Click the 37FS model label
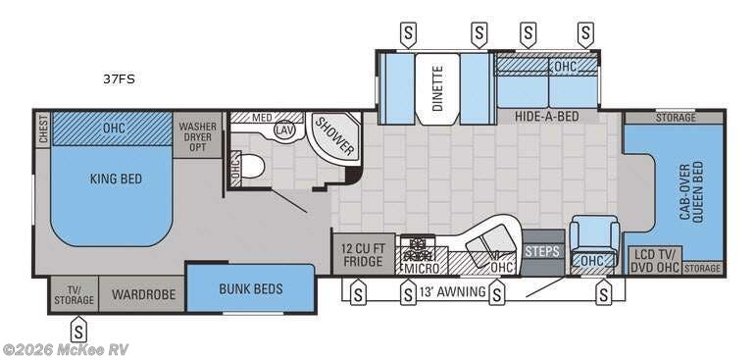(x=119, y=79)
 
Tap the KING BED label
(x=116, y=180)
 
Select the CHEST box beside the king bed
(x=43, y=129)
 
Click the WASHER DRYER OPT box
(x=198, y=135)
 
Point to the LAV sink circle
(x=283, y=129)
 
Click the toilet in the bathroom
(x=252, y=166)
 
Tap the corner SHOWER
(x=334, y=137)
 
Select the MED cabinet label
(x=262, y=117)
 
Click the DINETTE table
(x=437, y=89)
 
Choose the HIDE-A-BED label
(x=547, y=117)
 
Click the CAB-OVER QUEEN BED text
(x=691, y=191)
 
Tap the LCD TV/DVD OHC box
(x=655, y=261)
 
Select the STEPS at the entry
(x=542, y=251)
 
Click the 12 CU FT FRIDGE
(x=364, y=255)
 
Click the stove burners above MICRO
(x=416, y=247)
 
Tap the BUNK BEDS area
(x=251, y=288)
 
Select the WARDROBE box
(x=143, y=294)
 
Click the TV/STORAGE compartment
(x=74, y=294)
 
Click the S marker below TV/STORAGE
(x=78, y=330)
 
